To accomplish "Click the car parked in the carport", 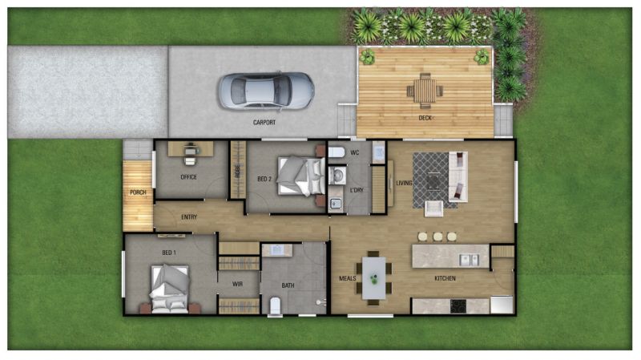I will pyautogui.click(x=265, y=90).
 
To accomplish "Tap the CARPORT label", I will pyautogui.click(x=264, y=123).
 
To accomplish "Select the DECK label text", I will pyautogui.click(x=425, y=119).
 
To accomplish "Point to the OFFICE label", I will pyautogui.click(x=189, y=177).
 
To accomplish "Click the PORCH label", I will pyautogui.click(x=137, y=192).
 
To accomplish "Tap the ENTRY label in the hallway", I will pyautogui.click(x=189, y=216).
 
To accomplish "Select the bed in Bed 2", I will pyautogui.click(x=298, y=176).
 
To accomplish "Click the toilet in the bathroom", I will pyautogui.click(x=275, y=304).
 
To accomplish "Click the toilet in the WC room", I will pyautogui.click(x=337, y=152).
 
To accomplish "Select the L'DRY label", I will pyautogui.click(x=357, y=190).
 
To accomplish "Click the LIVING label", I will pyautogui.click(x=404, y=183).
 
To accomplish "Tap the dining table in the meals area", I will pyautogui.click(x=373, y=277).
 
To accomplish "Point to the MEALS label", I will pyautogui.click(x=348, y=278).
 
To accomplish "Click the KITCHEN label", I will pyautogui.click(x=445, y=278).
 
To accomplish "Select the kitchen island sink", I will pyautogui.click(x=467, y=259).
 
